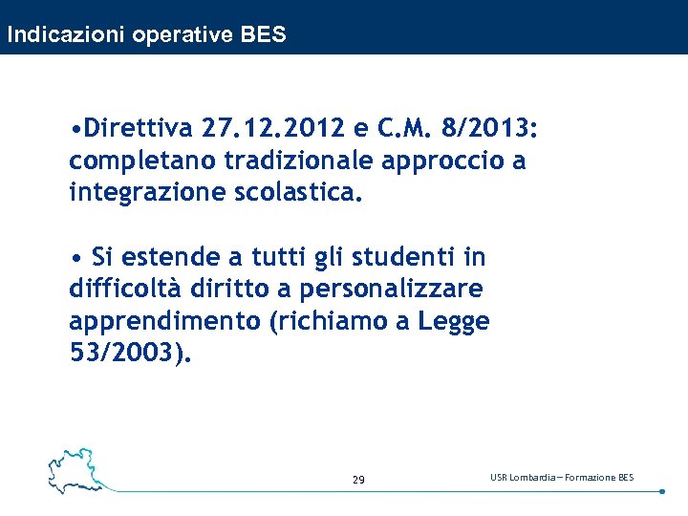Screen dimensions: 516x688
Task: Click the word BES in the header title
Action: pos(263,35)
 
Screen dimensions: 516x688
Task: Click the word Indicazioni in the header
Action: pos(67,35)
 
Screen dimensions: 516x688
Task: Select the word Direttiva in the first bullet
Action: pos(140,128)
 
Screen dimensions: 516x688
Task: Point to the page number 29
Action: pos(358,480)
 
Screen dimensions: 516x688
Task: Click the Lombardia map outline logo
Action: pos(76,468)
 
